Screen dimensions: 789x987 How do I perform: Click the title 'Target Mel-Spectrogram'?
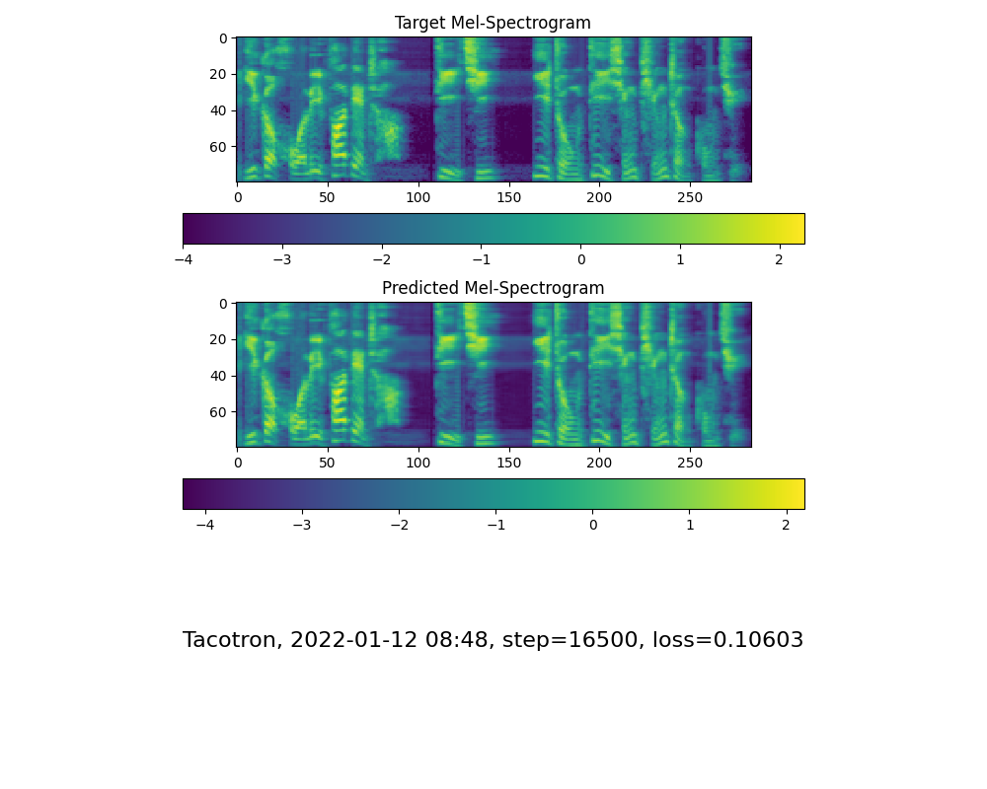point(493,23)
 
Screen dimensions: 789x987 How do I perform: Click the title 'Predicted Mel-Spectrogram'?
point(493,288)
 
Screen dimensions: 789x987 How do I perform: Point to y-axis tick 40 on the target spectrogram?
point(219,110)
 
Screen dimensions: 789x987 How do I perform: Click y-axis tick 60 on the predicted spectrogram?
point(219,411)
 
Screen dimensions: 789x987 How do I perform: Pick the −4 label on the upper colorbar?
point(183,259)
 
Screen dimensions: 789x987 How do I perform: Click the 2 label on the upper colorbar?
point(779,259)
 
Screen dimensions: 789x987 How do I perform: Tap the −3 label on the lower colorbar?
point(302,525)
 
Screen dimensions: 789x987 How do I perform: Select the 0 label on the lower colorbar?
point(593,525)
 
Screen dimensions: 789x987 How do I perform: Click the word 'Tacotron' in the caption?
point(229,640)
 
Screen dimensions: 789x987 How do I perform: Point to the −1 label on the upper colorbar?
point(481,259)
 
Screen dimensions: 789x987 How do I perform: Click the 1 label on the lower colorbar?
point(690,525)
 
